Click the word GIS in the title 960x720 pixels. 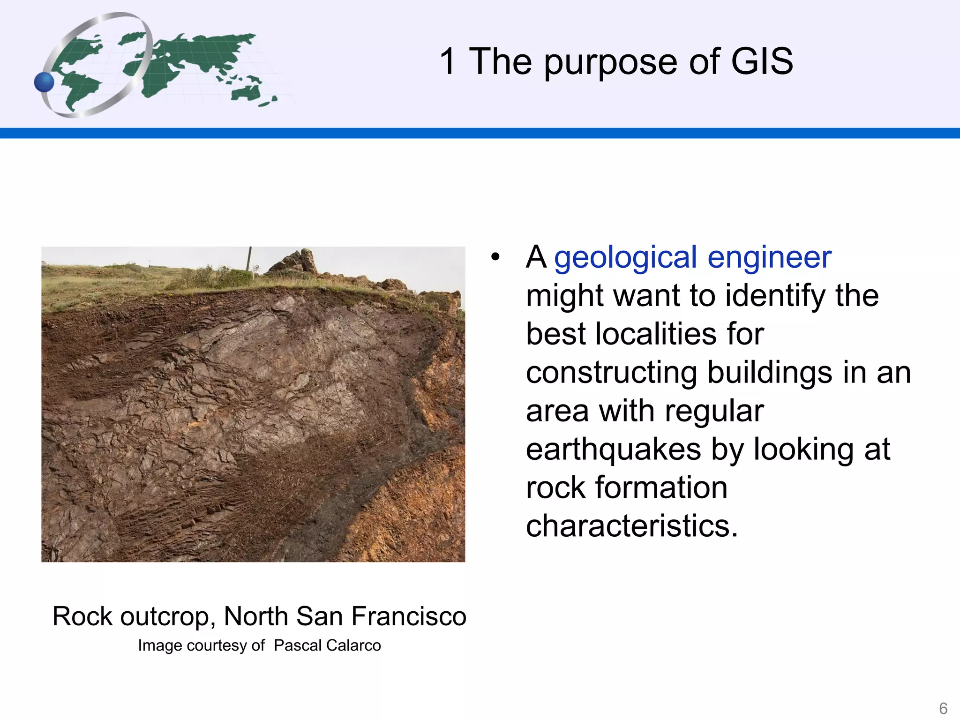coord(762,61)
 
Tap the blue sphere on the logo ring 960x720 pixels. coord(45,82)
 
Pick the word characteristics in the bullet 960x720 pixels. coord(631,526)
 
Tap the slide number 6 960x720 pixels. coord(943,708)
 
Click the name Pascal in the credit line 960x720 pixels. coord(298,645)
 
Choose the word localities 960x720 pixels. coord(656,334)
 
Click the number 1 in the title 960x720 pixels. coord(447,61)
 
